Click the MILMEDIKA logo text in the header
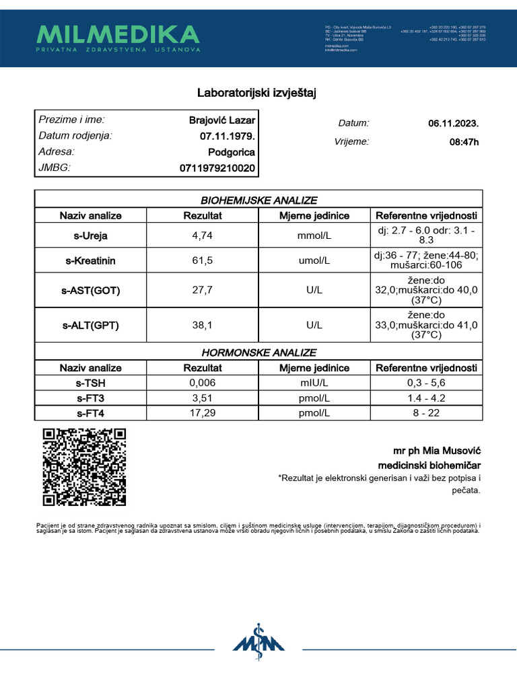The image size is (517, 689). [x=118, y=34]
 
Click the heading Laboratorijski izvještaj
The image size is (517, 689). [x=256, y=93]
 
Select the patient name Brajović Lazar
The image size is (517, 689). [x=222, y=121]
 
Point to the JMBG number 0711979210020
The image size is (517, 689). [x=217, y=168]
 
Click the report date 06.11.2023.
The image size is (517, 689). [x=453, y=124]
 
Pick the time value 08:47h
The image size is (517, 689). [x=464, y=142]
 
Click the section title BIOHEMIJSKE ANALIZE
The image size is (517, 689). [x=258, y=201]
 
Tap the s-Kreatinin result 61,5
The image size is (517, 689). [x=202, y=260]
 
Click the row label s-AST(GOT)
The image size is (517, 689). [x=90, y=291]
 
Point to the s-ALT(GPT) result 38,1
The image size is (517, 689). [x=202, y=326]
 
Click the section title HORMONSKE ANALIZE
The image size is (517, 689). [x=258, y=353]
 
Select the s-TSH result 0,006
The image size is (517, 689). [x=202, y=383]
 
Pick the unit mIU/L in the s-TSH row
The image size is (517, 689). [x=314, y=383]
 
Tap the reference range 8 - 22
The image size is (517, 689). [x=425, y=413]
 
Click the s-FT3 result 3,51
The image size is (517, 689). [x=202, y=398]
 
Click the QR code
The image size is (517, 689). [x=84, y=467]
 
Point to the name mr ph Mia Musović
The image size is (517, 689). [x=437, y=450]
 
